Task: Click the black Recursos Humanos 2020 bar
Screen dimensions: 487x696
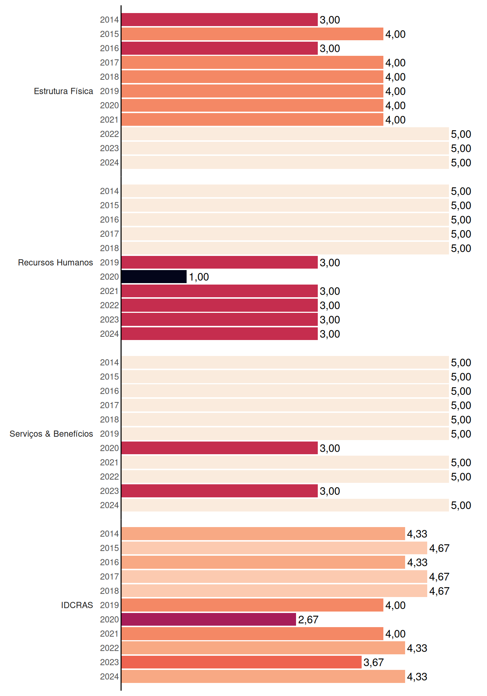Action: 154,277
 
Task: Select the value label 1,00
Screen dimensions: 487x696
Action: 199,277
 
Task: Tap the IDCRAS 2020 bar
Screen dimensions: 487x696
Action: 209,620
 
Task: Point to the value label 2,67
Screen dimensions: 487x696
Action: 308,620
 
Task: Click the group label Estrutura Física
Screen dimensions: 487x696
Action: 63,91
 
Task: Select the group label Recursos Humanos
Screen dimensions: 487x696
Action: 55,262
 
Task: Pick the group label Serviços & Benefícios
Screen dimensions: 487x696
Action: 51,434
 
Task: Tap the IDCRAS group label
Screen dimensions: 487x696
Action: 77,605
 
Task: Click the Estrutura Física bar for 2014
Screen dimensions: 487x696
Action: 220,20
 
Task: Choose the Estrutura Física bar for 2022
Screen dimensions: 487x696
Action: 285,134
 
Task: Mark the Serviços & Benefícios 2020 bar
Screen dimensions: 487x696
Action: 220,448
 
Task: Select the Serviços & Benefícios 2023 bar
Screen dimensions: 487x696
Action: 220,491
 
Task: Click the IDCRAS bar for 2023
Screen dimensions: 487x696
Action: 241,662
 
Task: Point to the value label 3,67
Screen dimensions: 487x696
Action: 374,663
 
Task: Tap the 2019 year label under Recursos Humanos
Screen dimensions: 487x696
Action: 109,262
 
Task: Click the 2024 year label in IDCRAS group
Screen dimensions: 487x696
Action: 109,676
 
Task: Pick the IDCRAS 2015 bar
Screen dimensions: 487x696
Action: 274,548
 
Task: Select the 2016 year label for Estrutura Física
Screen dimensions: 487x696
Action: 109,48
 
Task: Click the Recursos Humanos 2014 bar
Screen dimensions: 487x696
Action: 285,191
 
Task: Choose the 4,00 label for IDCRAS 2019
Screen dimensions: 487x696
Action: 395,605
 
